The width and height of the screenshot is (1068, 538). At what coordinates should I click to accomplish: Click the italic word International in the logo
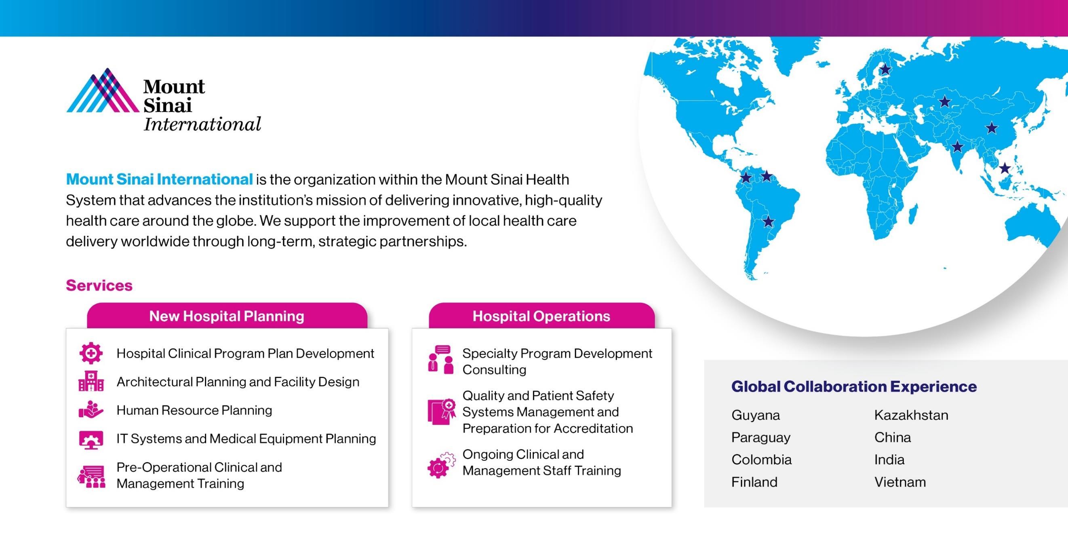coord(202,124)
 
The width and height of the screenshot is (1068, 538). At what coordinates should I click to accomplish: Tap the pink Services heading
coord(99,285)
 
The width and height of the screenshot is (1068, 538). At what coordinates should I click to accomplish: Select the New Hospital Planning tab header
coord(227,316)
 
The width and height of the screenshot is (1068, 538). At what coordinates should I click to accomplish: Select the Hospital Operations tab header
coord(541,316)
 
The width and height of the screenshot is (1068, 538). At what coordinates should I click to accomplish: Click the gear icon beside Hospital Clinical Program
coord(91,353)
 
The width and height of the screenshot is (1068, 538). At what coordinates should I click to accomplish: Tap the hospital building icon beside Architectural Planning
coord(91,381)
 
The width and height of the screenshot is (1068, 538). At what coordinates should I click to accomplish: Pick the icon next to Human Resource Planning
coord(91,410)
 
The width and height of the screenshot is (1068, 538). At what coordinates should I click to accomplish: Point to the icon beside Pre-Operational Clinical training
coord(91,476)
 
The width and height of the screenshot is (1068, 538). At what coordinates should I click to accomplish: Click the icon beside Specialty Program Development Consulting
coord(441,360)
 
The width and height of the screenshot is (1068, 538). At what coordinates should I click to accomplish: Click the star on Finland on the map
coord(885,69)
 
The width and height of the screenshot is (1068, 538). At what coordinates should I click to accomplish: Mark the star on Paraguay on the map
coord(768,221)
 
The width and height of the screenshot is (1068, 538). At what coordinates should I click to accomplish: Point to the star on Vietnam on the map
coord(1005,168)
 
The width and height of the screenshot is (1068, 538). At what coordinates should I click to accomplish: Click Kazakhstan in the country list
coord(911,415)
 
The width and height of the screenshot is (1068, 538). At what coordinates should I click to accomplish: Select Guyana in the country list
coord(755,416)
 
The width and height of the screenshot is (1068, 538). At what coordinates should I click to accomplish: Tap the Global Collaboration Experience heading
coord(854,386)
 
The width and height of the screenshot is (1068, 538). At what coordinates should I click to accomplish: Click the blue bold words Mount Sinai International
coord(159,179)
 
